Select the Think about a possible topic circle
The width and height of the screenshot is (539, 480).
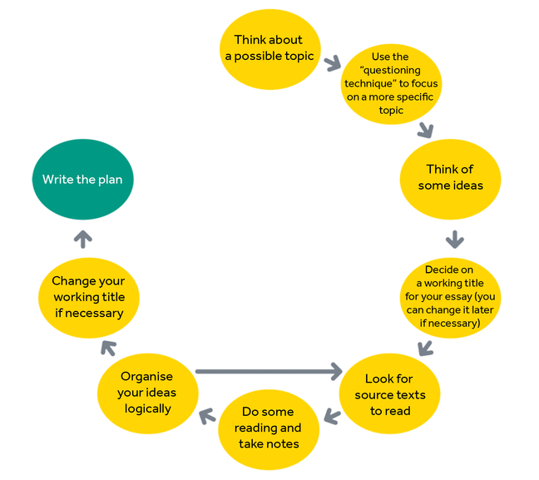pos(268,48)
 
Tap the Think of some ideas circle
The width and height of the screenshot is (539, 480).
pos(450,177)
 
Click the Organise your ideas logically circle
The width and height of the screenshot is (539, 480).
pos(147,393)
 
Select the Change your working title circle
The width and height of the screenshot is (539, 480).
pos(88,297)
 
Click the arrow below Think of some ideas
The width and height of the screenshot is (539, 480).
pos(454,240)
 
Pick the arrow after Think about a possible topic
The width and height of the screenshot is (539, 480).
pos(333,63)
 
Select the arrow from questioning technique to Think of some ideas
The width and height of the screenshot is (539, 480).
pos(426,129)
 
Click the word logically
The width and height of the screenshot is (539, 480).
pos(147,408)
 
